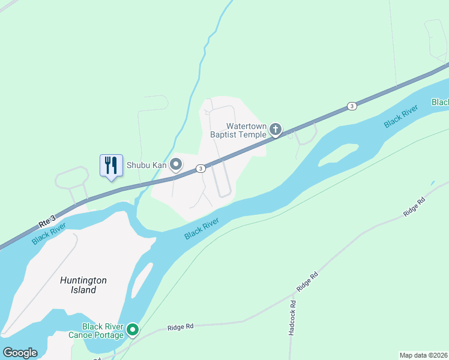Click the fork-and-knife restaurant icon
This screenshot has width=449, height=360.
pos(111,165)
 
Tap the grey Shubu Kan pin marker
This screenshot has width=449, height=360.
pos(176,164)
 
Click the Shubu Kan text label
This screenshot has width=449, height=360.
pos(146,164)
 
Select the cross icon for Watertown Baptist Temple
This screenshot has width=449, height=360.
pos(276,129)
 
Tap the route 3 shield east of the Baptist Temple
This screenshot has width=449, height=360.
pos(351,106)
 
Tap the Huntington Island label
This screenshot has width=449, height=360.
pos(83,285)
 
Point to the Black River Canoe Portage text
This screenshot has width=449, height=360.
pos(103,331)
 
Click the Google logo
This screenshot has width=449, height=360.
pos(20,352)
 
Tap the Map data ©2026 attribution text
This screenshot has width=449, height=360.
pos(423,355)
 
